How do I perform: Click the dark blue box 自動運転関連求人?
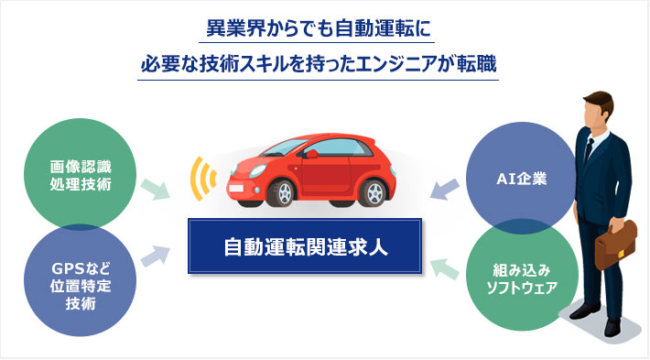pyautogui.click(x=305, y=245)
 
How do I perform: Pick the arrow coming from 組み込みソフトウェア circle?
pyautogui.click(x=444, y=266)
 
